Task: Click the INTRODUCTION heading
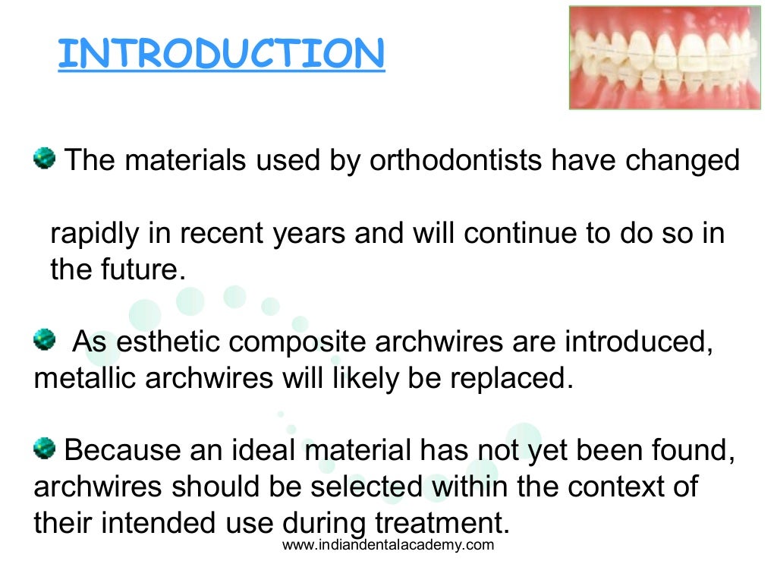click(x=221, y=54)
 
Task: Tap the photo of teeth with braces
click(x=665, y=57)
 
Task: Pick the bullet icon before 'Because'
click(x=45, y=449)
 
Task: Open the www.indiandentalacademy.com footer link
click(x=388, y=546)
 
